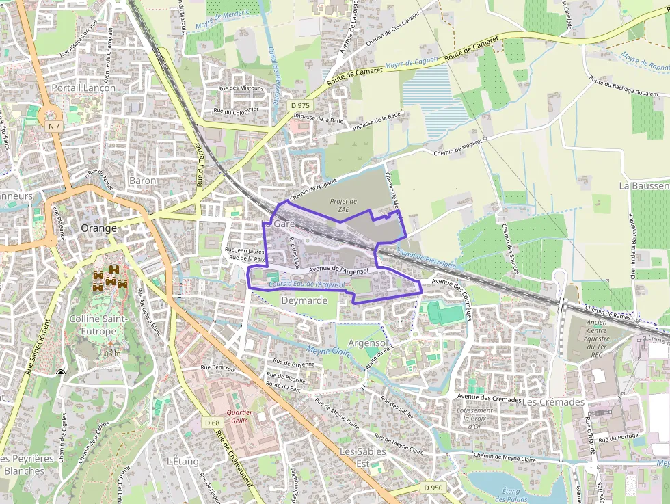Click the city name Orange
click(98, 228)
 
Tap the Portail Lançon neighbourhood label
click(83, 88)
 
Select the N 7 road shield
click(55, 127)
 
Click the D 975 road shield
click(299, 105)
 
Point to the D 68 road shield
click(212, 423)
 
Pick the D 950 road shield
click(432, 488)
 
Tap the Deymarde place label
click(305, 300)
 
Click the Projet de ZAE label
click(343, 205)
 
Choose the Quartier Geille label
click(239, 416)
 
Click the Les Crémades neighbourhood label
click(553, 402)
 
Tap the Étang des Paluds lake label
click(511, 495)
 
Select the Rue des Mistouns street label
click(241, 88)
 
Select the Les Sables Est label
click(363, 457)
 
